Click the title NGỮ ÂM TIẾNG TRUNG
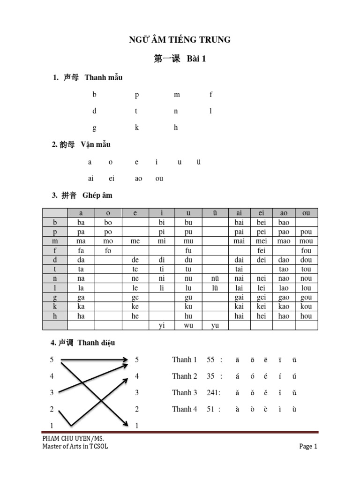(x=180, y=40)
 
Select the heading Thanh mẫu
(x=104, y=77)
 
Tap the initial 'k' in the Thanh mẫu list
(x=137, y=127)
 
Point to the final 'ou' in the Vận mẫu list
(x=159, y=179)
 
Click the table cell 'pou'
(x=306, y=232)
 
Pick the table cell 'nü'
(x=215, y=278)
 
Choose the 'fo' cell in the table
(x=108, y=250)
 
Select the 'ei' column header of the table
(x=262, y=213)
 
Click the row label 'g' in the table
(x=55, y=297)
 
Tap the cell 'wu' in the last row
(x=188, y=325)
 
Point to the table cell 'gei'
(x=262, y=297)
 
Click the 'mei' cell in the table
(x=262, y=241)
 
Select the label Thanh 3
(x=184, y=393)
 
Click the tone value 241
(x=213, y=393)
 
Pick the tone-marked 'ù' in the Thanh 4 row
(x=294, y=409)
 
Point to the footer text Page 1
(x=308, y=446)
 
